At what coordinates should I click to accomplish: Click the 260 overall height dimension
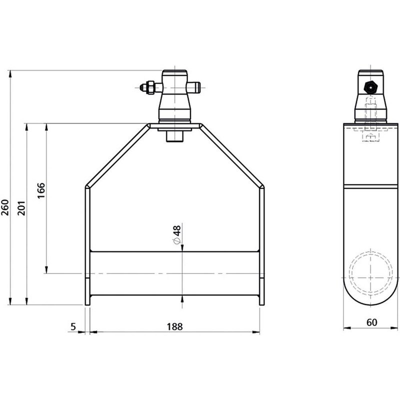pyautogui.click(x=5, y=205)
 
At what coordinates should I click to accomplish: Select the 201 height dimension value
pyautogui.click(x=21, y=205)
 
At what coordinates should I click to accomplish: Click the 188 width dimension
pyautogui.click(x=174, y=326)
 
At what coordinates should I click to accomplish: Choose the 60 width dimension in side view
pyautogui.click(x=371, y=323)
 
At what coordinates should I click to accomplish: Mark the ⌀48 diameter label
pyautogui.click(x=176, y=235)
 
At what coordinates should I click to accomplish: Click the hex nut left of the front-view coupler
pyautogui.click(x=147, y=88)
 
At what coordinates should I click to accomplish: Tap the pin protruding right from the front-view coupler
pyautogui.click(x=196, y=88)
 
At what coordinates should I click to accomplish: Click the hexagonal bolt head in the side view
pyautogui.click(x=369, y=86)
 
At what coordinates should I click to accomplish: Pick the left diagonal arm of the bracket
pyautogui.click(x=118, y=155)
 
